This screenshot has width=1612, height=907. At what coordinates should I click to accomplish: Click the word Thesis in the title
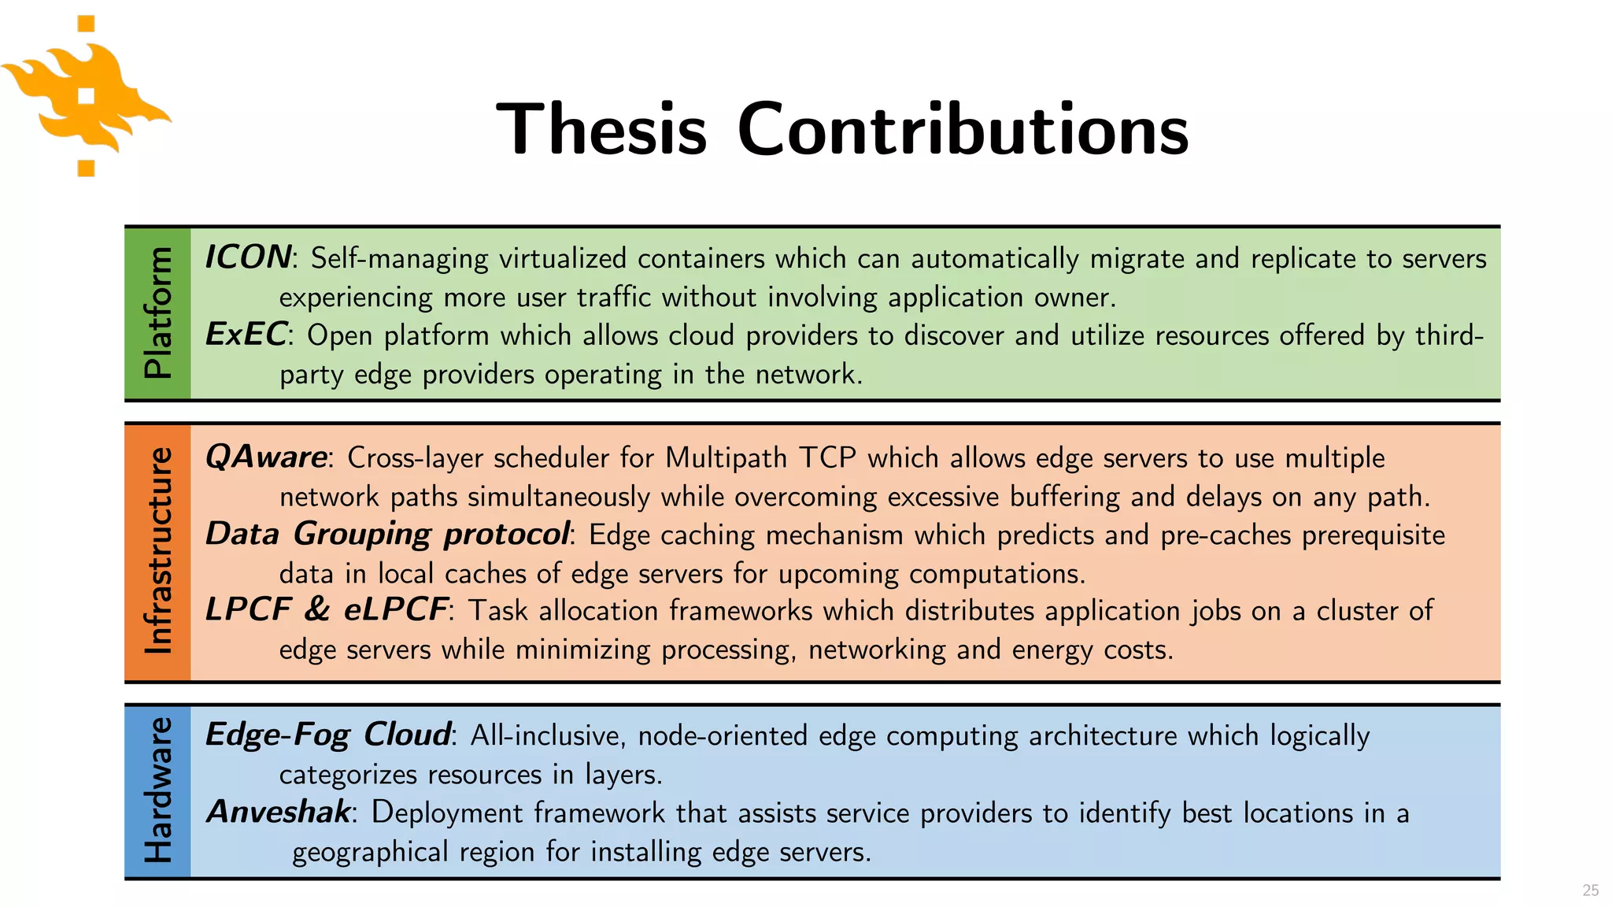(601, 129)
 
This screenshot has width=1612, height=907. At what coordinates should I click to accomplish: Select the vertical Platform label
(158, 313)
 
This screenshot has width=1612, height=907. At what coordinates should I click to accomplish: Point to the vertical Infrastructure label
(158, 551)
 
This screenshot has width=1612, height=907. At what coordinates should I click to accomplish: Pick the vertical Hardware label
(158, 790)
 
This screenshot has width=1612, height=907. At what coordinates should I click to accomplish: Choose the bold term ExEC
(246, 335)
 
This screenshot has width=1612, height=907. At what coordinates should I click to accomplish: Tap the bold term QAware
(266, 457)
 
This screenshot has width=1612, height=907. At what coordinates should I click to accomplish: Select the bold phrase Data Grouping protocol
(386, 534)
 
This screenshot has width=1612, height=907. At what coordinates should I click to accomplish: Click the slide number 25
(1590, 890)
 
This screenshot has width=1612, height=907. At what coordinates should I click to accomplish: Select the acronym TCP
(827, 457)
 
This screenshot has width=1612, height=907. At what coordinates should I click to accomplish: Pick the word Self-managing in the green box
(399, 259)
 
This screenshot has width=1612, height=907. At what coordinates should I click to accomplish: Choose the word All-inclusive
(548, 735)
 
